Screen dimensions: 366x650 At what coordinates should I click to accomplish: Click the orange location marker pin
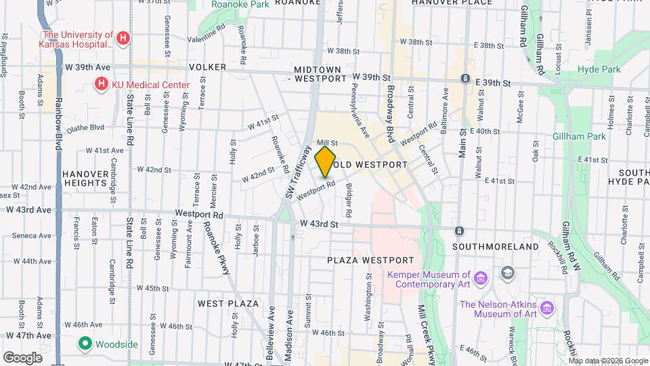[326, 161]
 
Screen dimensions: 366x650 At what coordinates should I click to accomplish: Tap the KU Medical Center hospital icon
[101, 84]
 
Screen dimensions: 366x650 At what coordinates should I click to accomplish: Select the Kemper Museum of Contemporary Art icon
[481, 278]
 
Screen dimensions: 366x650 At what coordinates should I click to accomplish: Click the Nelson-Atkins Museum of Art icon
[547, 308]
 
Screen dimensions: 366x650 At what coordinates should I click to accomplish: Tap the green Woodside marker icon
[85, 344]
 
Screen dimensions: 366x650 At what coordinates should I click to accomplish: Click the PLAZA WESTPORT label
[370, 260]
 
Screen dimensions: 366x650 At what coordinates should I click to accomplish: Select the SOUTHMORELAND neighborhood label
[496, 247]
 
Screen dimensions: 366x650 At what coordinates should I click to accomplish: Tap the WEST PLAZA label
[228, 303]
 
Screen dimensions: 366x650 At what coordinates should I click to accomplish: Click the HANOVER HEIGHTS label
[85, 178]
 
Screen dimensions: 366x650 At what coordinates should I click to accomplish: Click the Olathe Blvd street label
[85, 127]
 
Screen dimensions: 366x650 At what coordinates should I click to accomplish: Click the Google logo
[22, 357]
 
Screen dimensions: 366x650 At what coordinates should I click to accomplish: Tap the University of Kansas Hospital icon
[123, 38]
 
